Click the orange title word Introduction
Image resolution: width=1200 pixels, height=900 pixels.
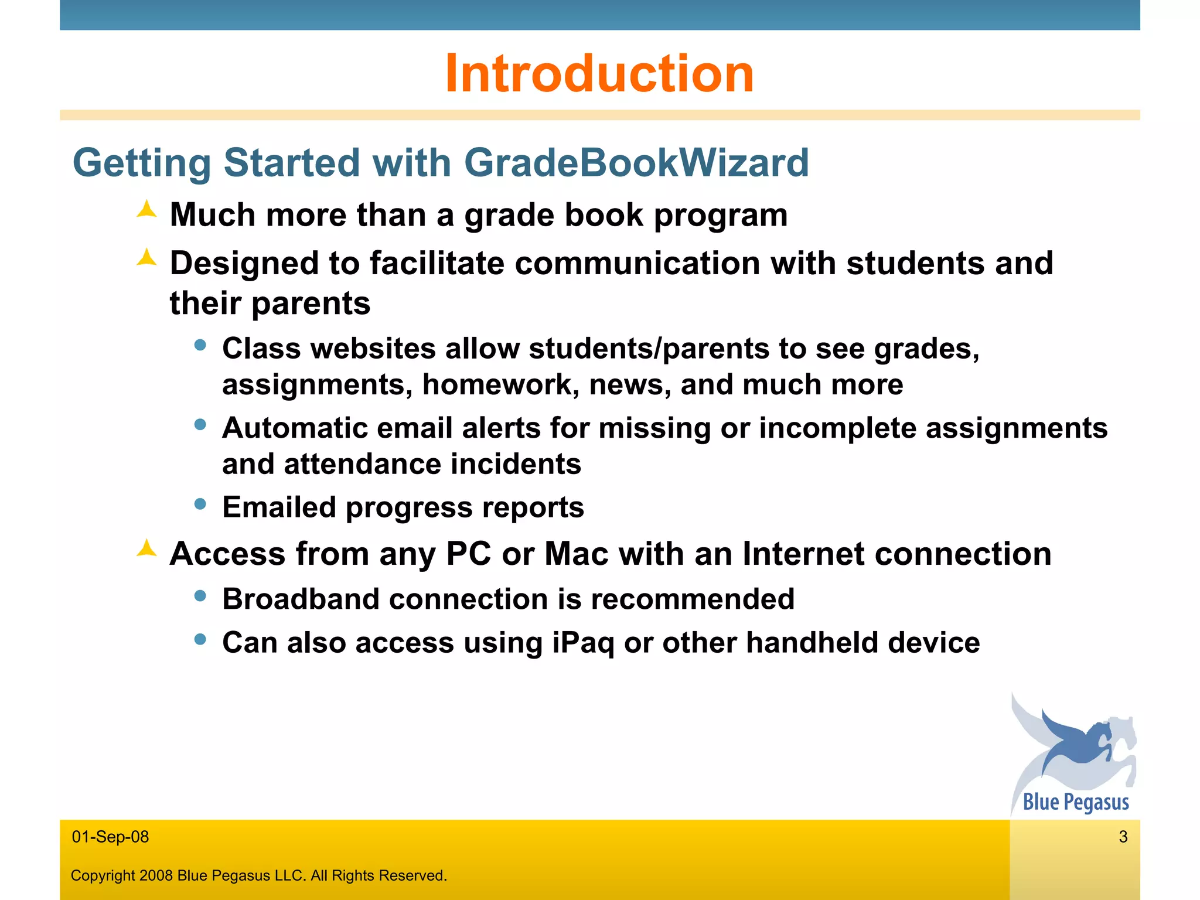pos(599,74)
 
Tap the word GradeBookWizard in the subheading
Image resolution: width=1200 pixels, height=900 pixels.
pos(636,162)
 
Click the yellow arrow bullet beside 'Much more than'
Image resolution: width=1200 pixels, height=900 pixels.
pos(147,210)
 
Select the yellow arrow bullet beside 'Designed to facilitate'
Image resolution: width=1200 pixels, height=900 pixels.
pos(147,258)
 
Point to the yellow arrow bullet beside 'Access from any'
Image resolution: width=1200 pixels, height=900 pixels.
pos(147,548)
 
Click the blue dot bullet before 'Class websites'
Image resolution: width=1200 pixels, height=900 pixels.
pos(200,345)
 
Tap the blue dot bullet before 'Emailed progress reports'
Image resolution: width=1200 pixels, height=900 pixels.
pos(200,503)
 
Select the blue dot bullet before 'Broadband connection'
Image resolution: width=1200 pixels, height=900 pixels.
pos(200,596)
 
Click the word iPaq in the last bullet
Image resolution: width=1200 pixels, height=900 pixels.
pos(583,643)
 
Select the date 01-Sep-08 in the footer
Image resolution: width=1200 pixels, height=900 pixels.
pos(110,837)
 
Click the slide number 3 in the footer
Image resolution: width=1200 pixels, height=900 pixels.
pos(1123,837)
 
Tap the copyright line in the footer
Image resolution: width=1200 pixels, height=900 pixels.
pos(258,875)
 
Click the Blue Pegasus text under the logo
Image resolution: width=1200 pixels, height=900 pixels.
pos(1076,802)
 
